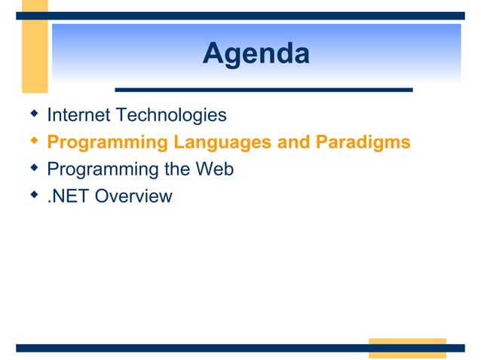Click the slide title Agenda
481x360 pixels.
click(x=256, y=54)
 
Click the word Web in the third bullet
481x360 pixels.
click(x=214, y=169)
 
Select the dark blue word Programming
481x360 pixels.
click(x=97, y=169)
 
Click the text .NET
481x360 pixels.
click(x=66, y=197)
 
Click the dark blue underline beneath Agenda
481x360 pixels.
click(x=263, y=90)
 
